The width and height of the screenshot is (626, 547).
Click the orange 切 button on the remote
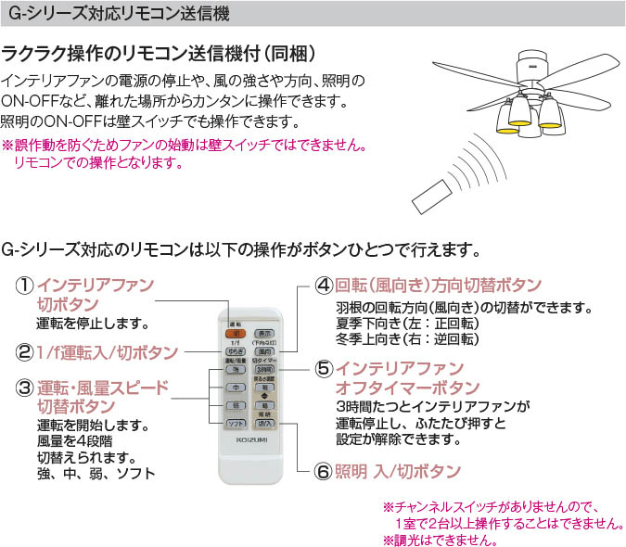click(236, 333)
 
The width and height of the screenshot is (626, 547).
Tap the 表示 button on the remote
click(264, 333)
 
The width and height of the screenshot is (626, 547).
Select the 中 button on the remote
click(236, 388)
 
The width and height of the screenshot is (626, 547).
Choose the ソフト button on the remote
click(236, 423)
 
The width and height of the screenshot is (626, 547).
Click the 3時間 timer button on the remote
click(264, 370)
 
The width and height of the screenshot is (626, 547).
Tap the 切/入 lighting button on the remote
click(264, 423)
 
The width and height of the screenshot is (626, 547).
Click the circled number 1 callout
click(24, 286)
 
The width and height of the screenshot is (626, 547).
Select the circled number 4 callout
click(323, 285)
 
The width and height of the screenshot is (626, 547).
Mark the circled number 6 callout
click(323, 471)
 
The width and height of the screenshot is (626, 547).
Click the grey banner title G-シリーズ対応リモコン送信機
click(121, 15)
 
